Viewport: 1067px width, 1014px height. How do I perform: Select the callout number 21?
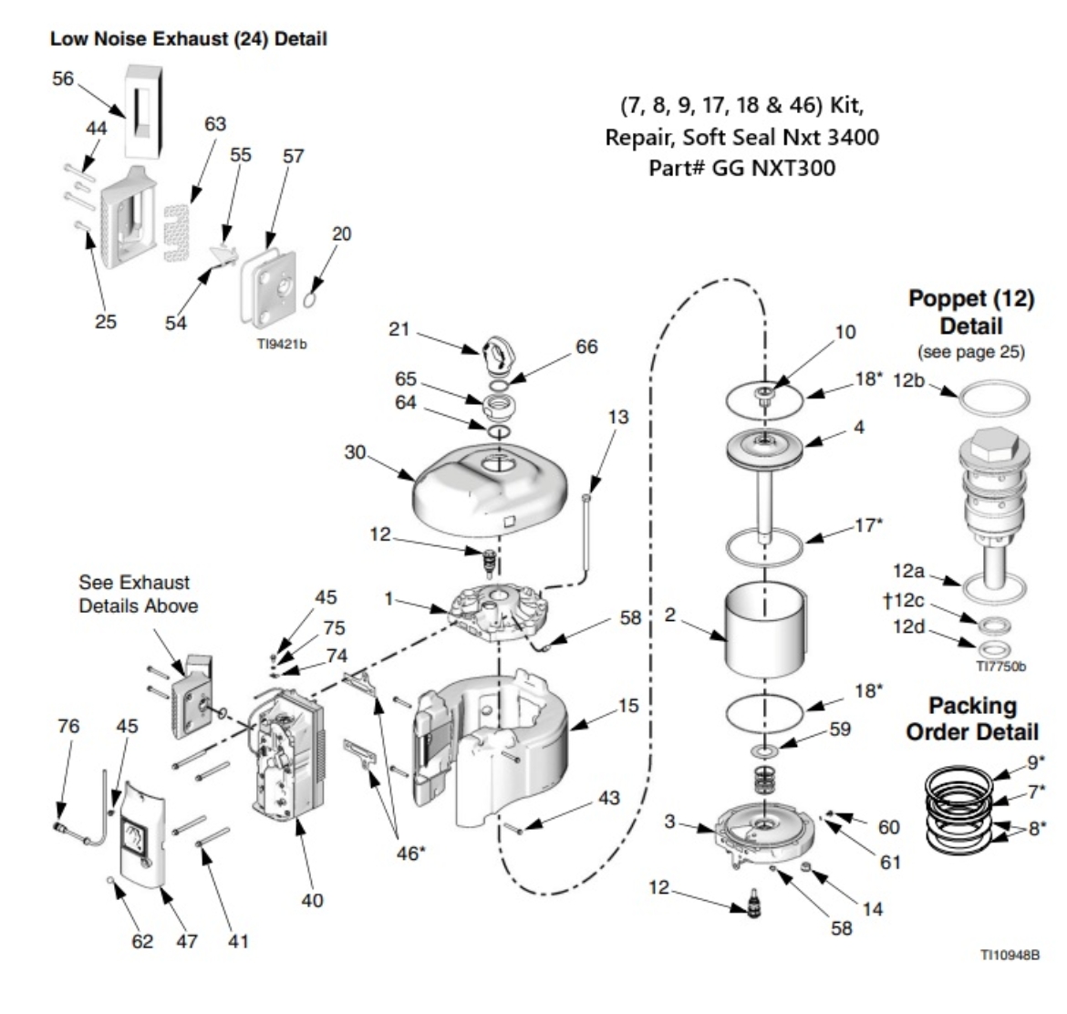[x=399, y=328]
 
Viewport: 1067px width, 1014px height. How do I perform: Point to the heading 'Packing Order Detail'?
[x=972, y=719]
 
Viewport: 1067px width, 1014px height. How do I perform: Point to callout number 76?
[x=68, y=727]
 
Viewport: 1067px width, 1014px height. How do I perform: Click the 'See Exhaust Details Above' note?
[x=134, y=594]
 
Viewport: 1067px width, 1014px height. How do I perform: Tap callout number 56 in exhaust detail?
[x=63, y=78]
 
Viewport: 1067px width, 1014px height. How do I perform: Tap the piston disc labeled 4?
[x=763, y=446]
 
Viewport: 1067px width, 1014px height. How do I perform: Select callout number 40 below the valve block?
[x=312, y=900]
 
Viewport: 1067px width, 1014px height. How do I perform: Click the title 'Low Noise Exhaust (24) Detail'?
[x=188, y=39]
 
